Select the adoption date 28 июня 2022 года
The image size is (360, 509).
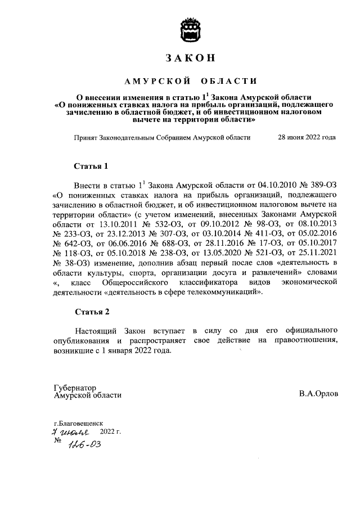308,137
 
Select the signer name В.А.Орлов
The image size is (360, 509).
319,395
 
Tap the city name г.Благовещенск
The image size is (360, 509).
79,422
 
